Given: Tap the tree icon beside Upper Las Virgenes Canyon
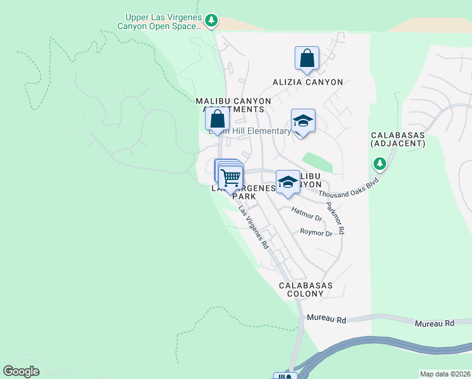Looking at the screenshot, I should (x=212, y=21).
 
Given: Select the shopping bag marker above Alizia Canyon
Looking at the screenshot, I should (x=307, y=59).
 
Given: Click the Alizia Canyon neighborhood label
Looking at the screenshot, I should (x=308, y=82).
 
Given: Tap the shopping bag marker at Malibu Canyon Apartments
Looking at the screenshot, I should (x=217, y=119).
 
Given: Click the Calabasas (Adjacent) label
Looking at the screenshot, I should (x=398, y=140).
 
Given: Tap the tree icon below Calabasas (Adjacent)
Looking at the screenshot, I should (x=379, y=164).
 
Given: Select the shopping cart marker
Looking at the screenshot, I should (x=232, y=177).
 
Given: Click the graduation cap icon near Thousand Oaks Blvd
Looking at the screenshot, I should (x=288, y=182).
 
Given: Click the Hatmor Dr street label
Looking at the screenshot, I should (x=307, y=214).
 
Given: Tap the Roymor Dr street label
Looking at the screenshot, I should (x=316, y=233).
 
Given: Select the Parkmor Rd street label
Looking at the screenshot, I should (x=335, y=219).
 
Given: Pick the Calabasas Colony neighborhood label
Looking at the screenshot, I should (x=306, y=290).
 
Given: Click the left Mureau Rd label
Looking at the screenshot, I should (x=327, y=320).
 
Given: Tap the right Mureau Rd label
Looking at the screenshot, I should (x=434, y=323).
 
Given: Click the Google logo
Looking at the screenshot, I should (x=21, y=371).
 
